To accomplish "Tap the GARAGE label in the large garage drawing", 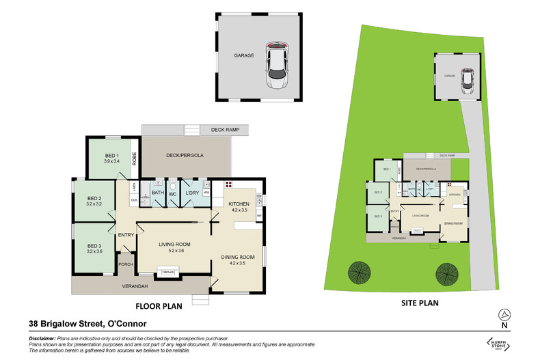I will (x=244, y=56).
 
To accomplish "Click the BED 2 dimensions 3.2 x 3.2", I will (x=94, y=204).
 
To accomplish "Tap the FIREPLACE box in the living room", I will (x=167, y=273).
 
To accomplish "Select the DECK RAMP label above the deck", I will (x=223, y=128).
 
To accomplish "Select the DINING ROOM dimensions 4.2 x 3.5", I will (x=237, y=262).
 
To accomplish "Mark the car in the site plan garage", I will (x=468, y=81).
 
